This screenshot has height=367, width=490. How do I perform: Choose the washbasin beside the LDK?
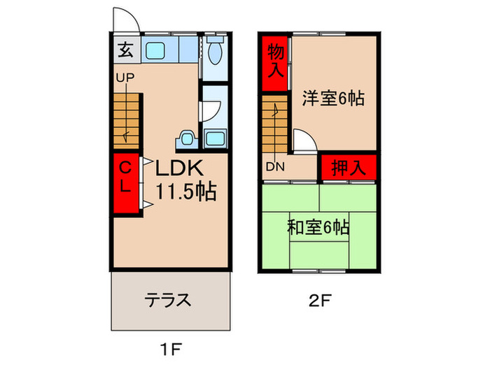[186, 138]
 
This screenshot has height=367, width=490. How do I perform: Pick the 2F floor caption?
[318, 302]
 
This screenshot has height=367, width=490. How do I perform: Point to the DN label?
[274, 166]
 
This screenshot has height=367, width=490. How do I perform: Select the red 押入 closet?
[348, 167]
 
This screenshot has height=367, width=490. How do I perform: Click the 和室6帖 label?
[319, 226]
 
